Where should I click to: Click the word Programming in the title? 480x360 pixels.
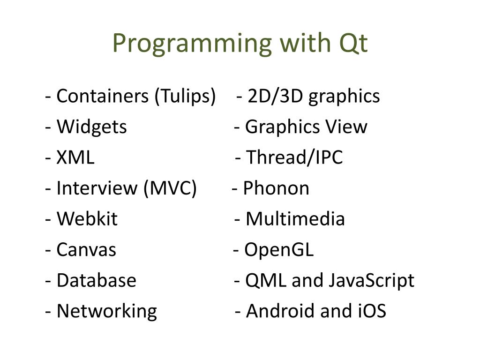(192, 44)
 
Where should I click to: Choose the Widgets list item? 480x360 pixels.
(91, 127)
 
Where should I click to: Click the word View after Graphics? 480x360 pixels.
(347, 127)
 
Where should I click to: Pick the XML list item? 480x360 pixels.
(75, 158)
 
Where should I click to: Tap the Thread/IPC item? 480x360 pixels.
(294, 158)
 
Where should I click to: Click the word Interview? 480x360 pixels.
(97, 188)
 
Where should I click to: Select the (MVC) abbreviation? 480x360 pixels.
(170, 188)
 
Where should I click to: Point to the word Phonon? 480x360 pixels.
(276, 188)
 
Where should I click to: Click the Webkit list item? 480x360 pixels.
(87, 219)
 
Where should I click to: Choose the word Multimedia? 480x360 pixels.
(295, 219)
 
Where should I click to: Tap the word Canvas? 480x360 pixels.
(86, 250)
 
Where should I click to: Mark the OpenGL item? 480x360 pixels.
(279, 250)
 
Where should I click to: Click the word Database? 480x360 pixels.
(96, 281)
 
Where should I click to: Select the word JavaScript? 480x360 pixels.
(371, 281)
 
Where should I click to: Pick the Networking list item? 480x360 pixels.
(106, 311)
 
